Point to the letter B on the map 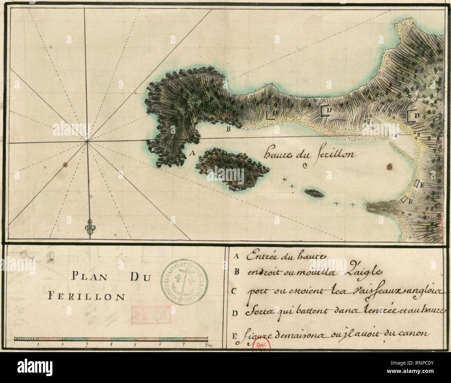228,130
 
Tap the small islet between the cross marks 314,192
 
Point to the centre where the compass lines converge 87,141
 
